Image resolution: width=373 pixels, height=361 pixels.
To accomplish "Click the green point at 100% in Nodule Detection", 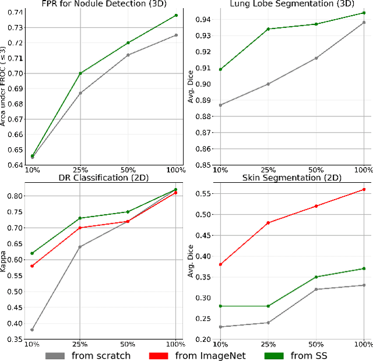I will [176, 15].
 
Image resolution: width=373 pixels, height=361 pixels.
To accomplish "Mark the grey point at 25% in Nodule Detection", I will [80, 93].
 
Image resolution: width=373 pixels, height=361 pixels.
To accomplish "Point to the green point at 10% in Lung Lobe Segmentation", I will [220, 69].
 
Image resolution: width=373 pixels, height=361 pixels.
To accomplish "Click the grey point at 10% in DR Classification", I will [31, 330].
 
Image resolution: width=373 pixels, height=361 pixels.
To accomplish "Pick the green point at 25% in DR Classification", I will [80, 218].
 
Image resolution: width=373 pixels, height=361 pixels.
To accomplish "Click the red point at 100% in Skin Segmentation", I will [364, 189].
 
